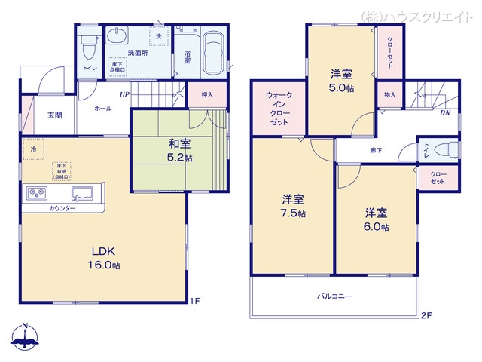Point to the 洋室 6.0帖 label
tap(377, 219)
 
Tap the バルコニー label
tap(334, 296)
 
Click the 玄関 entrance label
tap(55, 115)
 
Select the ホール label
tap(102, 109)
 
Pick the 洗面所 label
tap(137, 53)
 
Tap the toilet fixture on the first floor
tap(89, 46)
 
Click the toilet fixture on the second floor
tap(446, 149)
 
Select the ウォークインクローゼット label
tap(274, 109)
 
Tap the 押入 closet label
tap(207, 95)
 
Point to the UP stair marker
tap(124, 95)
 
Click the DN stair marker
tap(445, 113)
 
